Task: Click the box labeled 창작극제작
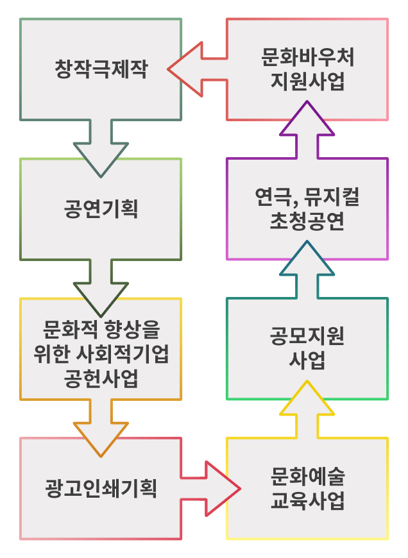click(101, 69)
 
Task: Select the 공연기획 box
click(101, 209)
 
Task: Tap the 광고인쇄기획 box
click(101, 489)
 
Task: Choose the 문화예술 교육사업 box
click(307, 489)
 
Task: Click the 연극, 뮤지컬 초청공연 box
click(307, 209)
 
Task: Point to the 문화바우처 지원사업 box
click(307, 69)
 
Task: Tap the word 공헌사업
click(101, 378)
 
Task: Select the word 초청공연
click(307, 222)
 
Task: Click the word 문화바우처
click(307, 57)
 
